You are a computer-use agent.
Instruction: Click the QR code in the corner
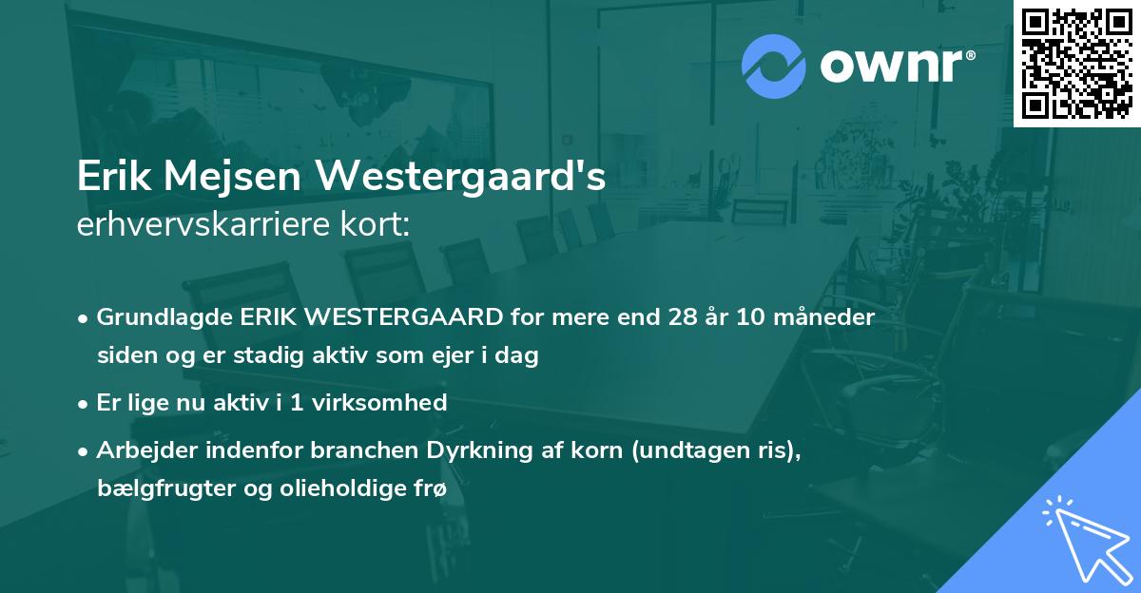coord(1077,63)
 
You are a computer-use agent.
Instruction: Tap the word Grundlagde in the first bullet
coord(157,316)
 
